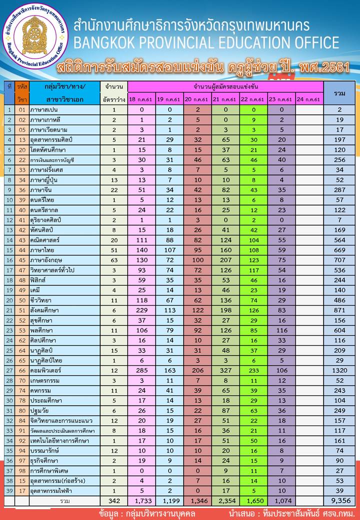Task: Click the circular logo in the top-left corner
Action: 33,35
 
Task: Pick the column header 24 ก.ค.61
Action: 309,99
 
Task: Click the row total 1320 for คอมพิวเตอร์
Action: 339,370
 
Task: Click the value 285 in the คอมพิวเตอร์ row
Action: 141,370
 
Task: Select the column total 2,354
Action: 225,500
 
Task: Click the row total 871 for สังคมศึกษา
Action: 339,310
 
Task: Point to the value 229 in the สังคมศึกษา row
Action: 141,310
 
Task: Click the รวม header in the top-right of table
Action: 339,92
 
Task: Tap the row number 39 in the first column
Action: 9,490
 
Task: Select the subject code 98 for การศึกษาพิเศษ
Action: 21,470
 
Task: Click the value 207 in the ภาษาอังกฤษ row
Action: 225,259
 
